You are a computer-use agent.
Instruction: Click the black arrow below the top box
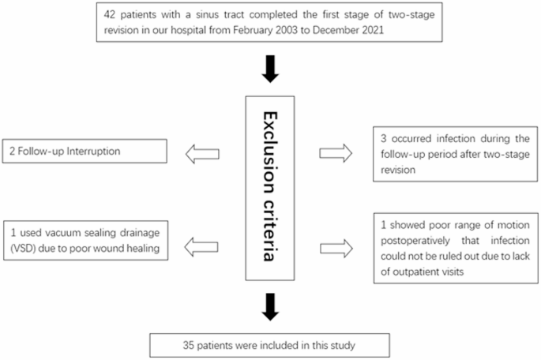(271, 69)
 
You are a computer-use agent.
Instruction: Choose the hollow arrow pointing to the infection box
(338, 153)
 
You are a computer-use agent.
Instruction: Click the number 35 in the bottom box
(185, 344)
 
